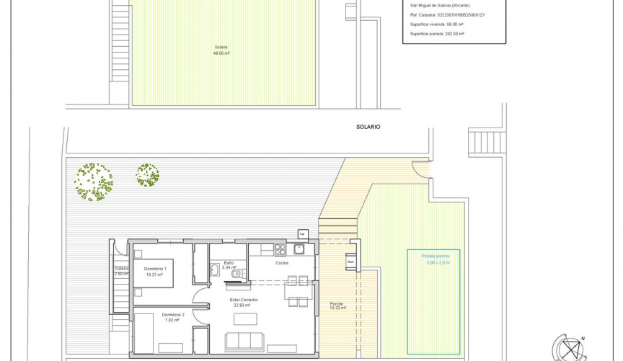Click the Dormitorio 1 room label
pos(156,268)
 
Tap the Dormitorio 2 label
pos(173,315)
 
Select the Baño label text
pos(229,263)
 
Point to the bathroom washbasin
pos(215,270)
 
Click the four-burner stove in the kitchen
pos(280,249)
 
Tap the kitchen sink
pos(299,249)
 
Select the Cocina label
pos(282,263)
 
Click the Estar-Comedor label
pos(244,299)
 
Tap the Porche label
pos(337,303)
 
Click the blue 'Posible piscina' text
pos(435,256)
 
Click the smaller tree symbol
pos(148,175)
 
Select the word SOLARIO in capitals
pos(368,127)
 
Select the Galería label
pos(121,269)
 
